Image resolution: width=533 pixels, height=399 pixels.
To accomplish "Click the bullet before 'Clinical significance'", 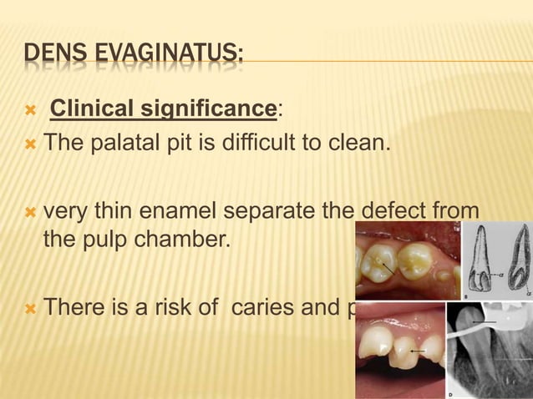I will coord(30,109).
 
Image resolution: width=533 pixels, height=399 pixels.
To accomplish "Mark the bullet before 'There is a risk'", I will coord(30,308).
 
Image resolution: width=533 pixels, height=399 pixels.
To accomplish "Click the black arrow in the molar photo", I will coord(386,268).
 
